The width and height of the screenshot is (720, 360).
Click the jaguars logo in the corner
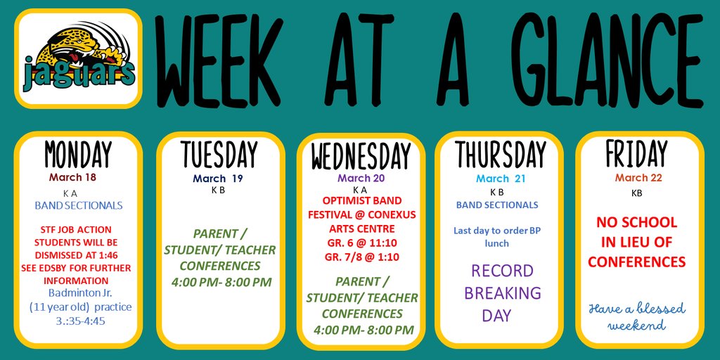[x=78, y=58]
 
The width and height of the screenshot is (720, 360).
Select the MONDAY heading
[x=78, y=155]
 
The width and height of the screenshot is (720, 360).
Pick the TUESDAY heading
[x=219, y=155]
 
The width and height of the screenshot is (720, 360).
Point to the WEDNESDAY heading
[x=361, y=155]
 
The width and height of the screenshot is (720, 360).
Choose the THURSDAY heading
[x=500, y=155]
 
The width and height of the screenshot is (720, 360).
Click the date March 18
[x=72, y=177]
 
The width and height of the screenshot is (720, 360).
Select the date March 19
[x=218, y=179]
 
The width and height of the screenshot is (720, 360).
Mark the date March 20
[x=361, y=179]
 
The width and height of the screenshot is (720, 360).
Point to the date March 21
[x=500, y=179]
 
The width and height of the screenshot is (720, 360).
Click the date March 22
[x=638, y=178]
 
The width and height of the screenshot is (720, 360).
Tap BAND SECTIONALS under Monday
[x=79, y=205]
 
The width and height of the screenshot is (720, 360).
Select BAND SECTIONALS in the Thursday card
[x=497, y=205]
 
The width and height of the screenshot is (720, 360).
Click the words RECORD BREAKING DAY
[x=502, y=293]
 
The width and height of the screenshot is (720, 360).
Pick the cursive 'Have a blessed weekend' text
[x=637, y=317]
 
